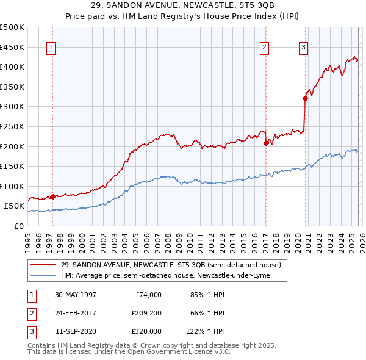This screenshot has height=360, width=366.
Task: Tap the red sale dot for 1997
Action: pyautogui.click(x=53, y=196)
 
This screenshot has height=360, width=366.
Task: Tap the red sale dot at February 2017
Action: pyautogui.click(x=266, y=143)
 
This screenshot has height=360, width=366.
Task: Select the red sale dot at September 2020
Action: pyautogui.click(x=305, y=98)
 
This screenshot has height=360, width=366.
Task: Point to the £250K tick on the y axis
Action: pyautogui.click(x=12, y=126)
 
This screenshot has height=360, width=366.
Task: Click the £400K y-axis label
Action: pyautogui.click(x=12, y=67)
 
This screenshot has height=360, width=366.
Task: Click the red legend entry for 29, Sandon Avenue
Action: pyautogui.click(x=171, y=265)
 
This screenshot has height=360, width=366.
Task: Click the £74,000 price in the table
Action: pyautogui.click(x=148, y=295)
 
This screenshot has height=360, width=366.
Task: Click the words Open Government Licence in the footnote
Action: pyautogui.click(x=175, y=351)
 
